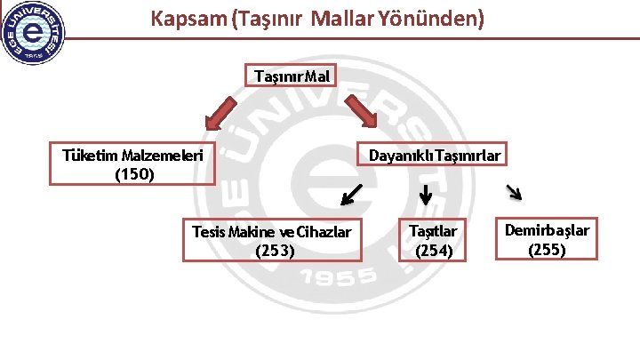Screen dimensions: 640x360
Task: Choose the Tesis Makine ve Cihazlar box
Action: coord(272,240)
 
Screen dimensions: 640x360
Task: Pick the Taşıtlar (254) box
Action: coord(433,240)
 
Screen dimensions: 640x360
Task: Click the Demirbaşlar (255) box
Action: coord(547,240)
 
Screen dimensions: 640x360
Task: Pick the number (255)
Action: coord(547,250)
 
